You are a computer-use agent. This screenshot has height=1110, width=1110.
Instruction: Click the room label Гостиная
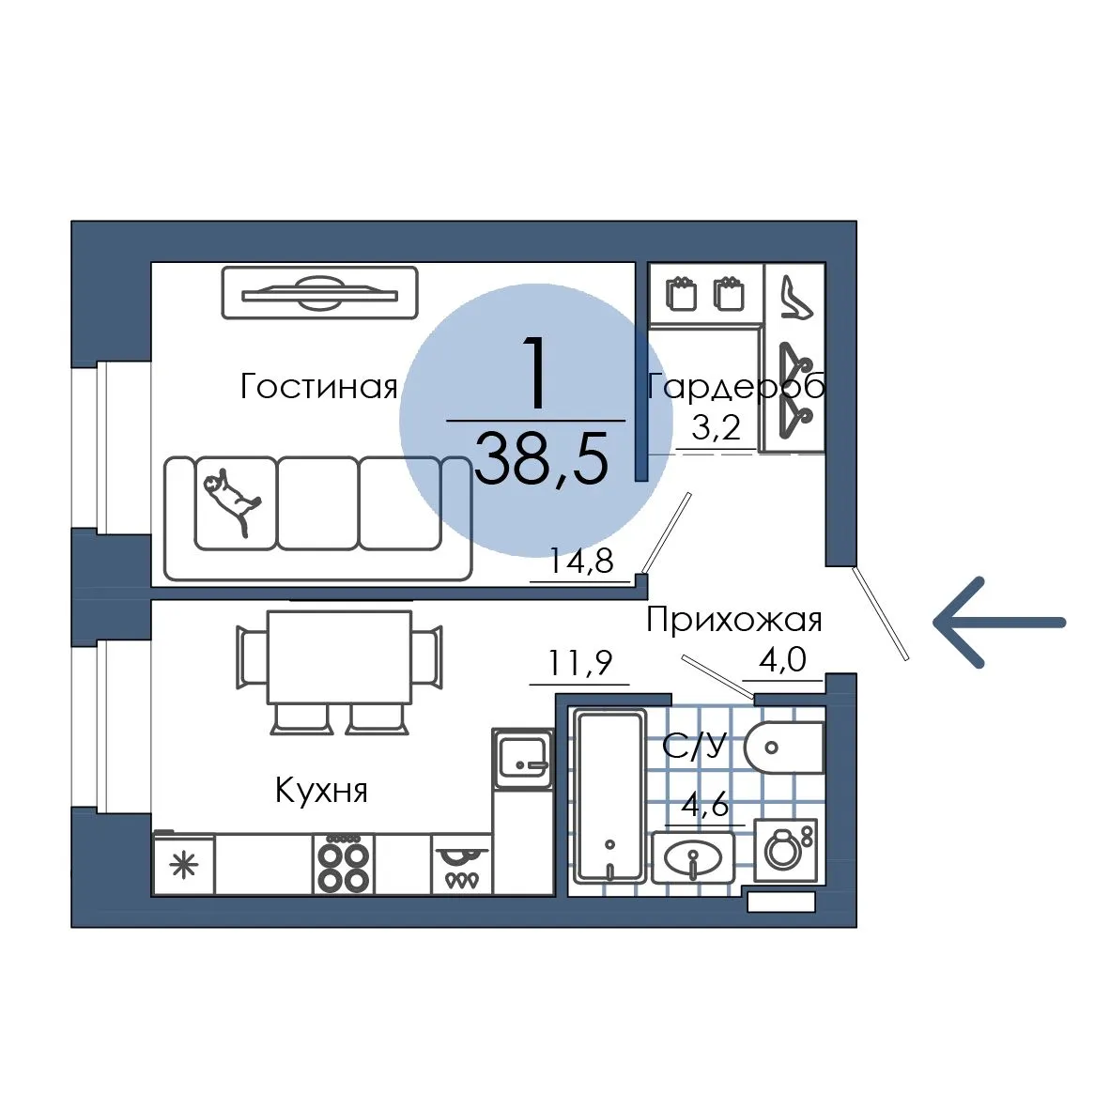[318, 387]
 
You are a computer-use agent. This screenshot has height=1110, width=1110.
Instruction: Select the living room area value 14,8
[581, 562]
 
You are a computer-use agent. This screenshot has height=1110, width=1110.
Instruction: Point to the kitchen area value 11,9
[579, 663]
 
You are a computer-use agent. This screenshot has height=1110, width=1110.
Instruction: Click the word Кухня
[321, 790]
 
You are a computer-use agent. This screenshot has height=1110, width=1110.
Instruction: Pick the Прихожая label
[734, 620]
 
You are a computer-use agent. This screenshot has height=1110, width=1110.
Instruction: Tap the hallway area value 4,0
[782, 660]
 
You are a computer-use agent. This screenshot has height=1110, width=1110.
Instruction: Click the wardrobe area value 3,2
[716, 427]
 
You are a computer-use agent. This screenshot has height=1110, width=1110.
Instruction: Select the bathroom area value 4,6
[705, 805]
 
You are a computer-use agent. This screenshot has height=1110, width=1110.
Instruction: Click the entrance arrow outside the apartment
[999, 623]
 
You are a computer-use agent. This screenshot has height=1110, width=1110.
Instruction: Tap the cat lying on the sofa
[232, 499]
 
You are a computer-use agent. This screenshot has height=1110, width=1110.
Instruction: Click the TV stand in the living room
[319, 292]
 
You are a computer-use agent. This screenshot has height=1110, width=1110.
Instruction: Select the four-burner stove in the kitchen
[344, 865]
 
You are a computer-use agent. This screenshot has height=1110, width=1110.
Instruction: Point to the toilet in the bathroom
[784, 748]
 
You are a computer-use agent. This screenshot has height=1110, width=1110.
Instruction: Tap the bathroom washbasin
[693, 858]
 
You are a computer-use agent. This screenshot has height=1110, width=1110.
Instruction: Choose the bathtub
[610, 795]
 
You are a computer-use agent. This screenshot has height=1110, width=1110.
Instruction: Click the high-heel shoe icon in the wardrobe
[795, 298]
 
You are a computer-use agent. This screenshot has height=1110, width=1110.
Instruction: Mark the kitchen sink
[522, 759]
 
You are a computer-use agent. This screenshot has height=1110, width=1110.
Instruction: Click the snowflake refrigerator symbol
[184, 865]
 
